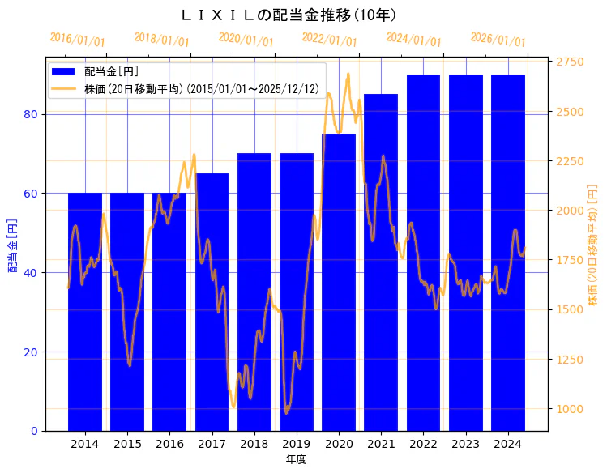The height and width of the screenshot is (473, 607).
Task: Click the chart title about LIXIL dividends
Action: pyautogui.click(x=288, y=15)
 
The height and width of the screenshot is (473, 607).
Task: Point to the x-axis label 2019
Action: pyautogui.click(x=297, y=444)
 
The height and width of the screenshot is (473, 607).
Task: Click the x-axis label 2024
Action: pyautogui.click(x=508, y=444)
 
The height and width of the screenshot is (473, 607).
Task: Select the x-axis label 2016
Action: pyautogui.click(x=169, y=444)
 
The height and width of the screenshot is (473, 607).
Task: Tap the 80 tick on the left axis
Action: pyautogui.click(x=32, y=114)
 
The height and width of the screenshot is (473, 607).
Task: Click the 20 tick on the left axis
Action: pyautogui.click(x=32, y=352)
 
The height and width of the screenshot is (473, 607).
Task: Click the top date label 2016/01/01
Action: pyautogui.click(x=77, y=40)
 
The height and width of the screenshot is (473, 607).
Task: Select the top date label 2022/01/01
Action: pyautogui.click(x=329, y=40)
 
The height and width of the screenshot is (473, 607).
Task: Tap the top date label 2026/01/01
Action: pyautogui.click(x=498, y=40)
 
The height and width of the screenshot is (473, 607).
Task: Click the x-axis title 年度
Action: pyautogui.click(x=296, y=459)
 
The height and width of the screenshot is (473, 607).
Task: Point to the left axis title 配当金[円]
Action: pyautogui.click(x=12, y=245)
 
